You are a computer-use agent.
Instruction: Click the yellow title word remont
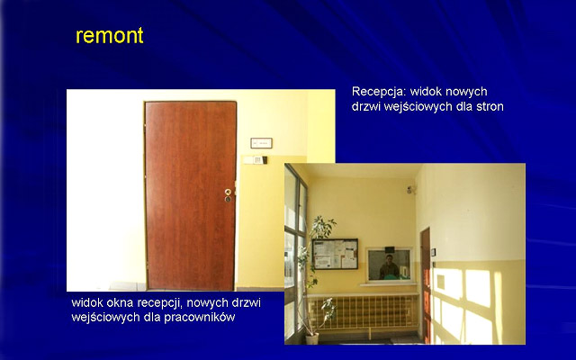point(110,36)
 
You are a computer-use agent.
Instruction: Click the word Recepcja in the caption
point(378,92)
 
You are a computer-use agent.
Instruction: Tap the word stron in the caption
point(490,106)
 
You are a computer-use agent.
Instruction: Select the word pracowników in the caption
point(199,317)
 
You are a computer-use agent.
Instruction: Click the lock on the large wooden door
point(228,195)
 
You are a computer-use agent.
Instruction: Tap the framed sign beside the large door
point(261,143)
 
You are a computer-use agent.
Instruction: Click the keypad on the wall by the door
point(260,160)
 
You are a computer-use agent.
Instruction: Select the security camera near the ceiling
point(410,190)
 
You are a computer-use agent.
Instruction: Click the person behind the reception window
point(389,266)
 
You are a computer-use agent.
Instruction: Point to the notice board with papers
point(335,254)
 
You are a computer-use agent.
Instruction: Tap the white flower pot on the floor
point(312,338)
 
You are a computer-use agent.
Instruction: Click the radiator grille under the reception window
point(363,311)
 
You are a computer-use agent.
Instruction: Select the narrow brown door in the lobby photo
point(426,285)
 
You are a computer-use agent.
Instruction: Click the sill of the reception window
point(388,284)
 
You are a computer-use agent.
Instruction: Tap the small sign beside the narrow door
point(434,252)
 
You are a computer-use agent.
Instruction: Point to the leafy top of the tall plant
point(322,226)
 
